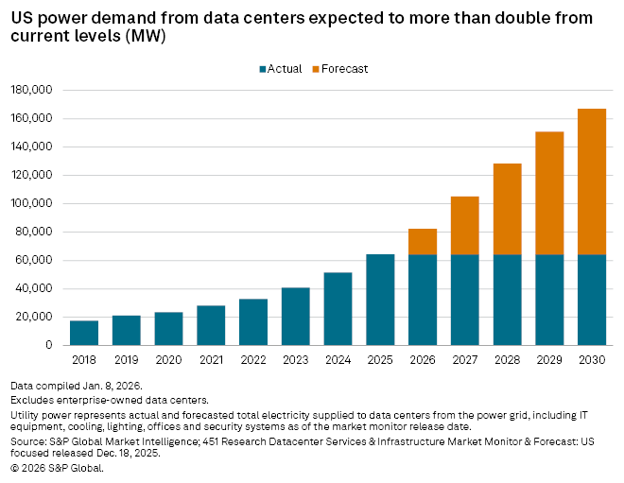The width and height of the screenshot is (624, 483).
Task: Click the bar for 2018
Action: pyautogui.click(x=84, y=333)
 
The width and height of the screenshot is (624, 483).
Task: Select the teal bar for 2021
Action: pyautogui.click(x=211, y=325)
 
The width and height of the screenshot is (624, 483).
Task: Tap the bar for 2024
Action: pyautogui.click(x=338, y=309)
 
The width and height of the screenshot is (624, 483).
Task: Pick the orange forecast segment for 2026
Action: pyautogui.click(x=423, y=242)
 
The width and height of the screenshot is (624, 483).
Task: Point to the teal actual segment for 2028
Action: pyautogui.click(x=508, y=300)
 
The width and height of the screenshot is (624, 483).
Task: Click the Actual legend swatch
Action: pyautogui.click(x=262, y=69)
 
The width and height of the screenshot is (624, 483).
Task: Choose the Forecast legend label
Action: pyautogui.click(x=345, y=69)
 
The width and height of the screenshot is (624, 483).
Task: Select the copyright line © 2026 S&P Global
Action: pyautogui.click(x=57, y=468)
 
